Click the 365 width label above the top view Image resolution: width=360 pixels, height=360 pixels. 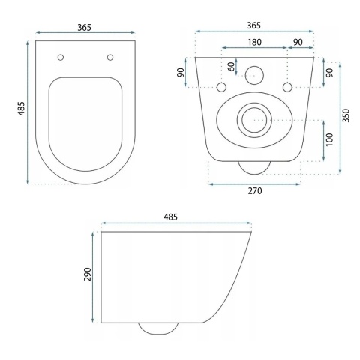(x=84, y=27)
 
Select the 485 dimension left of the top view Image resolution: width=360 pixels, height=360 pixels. (x=20, y=112)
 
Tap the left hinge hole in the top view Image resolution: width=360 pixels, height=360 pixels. (x=60, y=58)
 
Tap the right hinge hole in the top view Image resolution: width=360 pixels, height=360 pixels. (x=110, y=58)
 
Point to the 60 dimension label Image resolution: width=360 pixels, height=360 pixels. (x=231, y=67)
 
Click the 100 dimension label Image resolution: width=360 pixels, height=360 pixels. (x=330, y=141)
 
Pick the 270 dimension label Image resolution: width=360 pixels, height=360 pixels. (x=254, y=191)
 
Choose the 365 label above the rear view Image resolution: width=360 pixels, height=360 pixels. (x=256, y=24)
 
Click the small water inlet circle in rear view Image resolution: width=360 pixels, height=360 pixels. (x=255, y=74)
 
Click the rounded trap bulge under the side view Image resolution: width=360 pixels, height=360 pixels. (x=157, y=328)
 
